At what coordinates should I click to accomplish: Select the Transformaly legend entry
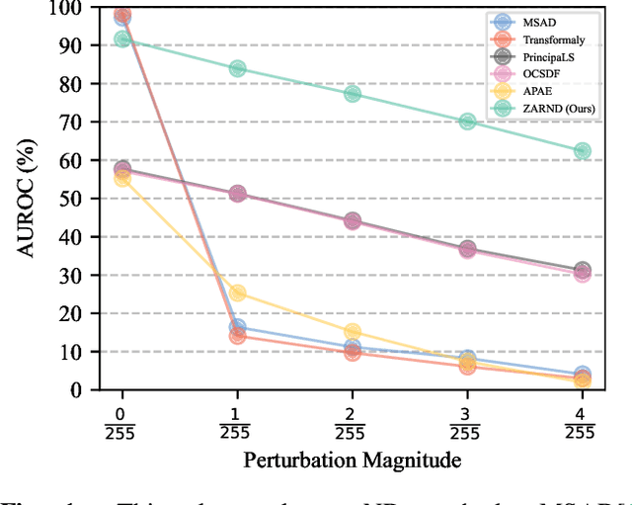pos(549,39)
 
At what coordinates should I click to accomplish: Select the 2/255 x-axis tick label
pos(352,421)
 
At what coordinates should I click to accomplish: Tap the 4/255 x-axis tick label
pos(582,421)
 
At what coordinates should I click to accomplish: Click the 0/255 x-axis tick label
pos(121,421)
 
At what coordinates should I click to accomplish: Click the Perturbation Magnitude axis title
pos(352,460)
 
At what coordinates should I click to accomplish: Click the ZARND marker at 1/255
pos(237,69)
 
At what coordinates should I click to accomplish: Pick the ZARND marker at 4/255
pos(582,151)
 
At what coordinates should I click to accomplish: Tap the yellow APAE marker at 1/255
pos(237,294)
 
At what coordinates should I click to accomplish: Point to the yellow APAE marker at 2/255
pos(352,332)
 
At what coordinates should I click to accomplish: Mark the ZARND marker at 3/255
pos(467,122)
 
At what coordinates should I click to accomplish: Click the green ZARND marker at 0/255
pos(121,40)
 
